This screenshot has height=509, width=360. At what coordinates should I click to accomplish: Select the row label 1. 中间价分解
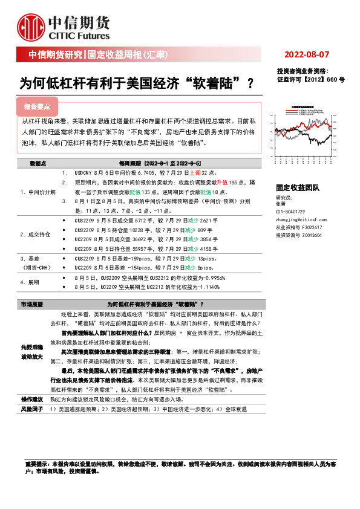click(x=38, y=191)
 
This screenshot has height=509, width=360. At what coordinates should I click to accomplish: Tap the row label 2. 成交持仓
click(x=36, y=233)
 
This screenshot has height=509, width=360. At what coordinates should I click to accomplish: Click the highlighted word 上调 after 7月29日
click(x=182, y=172)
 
